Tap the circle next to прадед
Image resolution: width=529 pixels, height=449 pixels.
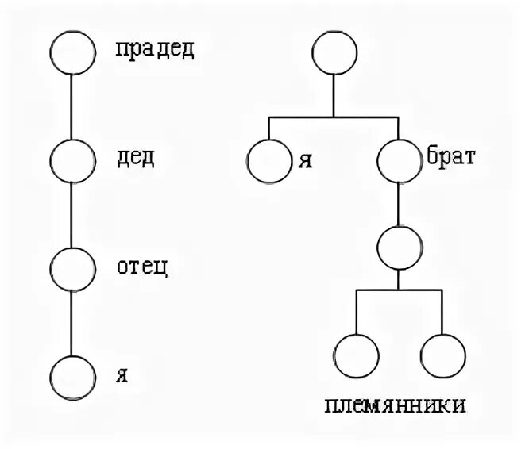click(x=71, y=52)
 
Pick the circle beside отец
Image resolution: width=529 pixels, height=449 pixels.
click(x=71, y=268)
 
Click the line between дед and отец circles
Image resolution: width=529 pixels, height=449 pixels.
click(x=71, y=214)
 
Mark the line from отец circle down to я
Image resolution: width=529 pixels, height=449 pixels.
click(x=71, y=322)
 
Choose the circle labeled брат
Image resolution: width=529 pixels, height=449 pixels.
click(x=397, y=162)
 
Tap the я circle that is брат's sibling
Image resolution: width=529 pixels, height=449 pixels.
click(x=268, y=162)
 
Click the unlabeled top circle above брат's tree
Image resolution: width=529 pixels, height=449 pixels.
click(x=334, y=53)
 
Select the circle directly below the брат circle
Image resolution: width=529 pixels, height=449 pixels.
click(x=397, y=248)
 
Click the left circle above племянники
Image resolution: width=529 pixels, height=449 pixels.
click(x=355, y=355)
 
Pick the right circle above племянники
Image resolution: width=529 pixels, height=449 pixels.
click(x=442, y=355)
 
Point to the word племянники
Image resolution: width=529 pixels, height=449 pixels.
click(x=395, y=406)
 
